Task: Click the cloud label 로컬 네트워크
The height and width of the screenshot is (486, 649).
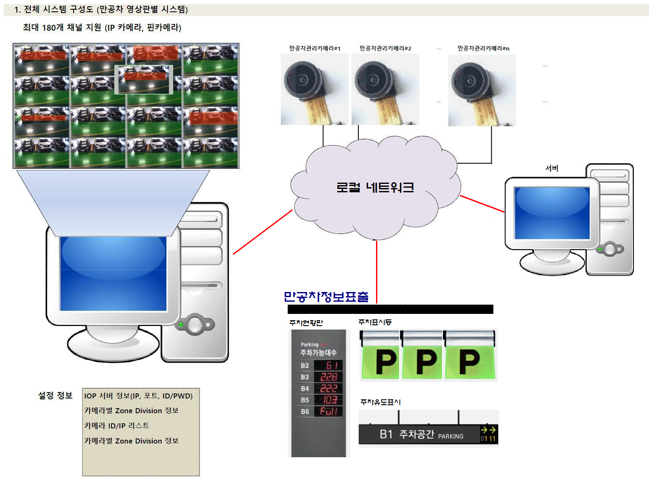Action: click(375, 187)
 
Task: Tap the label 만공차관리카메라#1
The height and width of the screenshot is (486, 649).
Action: click(315, 48)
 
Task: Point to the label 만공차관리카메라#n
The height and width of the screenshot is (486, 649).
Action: click(483, 48)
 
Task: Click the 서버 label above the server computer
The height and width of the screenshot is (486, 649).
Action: click(551, 168)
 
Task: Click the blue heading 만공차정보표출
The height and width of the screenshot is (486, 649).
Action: click(326, 297)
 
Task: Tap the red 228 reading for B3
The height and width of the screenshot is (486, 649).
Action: click(328, 377)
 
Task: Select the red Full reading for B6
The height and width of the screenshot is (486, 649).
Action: click(328, 411)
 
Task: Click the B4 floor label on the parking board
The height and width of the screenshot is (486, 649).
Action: click(305, 388)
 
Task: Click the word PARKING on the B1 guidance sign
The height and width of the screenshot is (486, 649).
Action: click(450, 436)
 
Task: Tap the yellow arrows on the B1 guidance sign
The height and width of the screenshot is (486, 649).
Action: click(488, 430)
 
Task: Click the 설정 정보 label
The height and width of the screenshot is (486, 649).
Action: click(56, 396)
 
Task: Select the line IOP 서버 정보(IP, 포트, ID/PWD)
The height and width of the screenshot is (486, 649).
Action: click(138, 396)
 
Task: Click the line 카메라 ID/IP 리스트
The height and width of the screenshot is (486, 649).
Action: click(117, 426)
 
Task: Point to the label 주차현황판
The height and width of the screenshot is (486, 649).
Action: click(306, 323)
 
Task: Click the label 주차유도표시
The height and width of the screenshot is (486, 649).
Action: click(380, 402)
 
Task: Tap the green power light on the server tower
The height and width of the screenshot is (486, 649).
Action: click(600, 249)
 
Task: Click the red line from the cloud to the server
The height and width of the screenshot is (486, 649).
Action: click(482, 204)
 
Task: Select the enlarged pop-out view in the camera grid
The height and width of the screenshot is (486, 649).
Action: click(144, 79)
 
